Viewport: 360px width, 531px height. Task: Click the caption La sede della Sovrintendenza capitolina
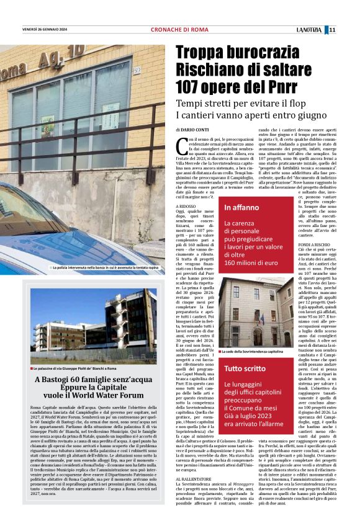click(257, 351)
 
